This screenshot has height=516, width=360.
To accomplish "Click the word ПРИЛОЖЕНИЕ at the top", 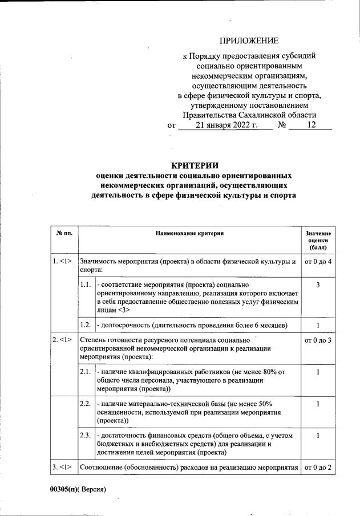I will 249,40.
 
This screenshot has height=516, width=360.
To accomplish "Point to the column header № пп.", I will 63,234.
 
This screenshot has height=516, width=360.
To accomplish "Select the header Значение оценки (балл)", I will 317,241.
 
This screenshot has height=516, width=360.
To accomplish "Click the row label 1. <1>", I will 62,262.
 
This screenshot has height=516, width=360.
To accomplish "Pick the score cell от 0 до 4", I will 318,262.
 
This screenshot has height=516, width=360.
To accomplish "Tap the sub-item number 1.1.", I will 86,284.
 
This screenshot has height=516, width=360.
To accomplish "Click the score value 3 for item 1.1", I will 317,284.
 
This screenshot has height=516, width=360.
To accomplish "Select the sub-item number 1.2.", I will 86,325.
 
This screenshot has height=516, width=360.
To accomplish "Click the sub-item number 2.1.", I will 86,372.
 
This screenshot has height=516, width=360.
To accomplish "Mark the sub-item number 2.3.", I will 86,436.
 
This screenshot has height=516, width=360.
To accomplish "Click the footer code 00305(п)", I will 64,489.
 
